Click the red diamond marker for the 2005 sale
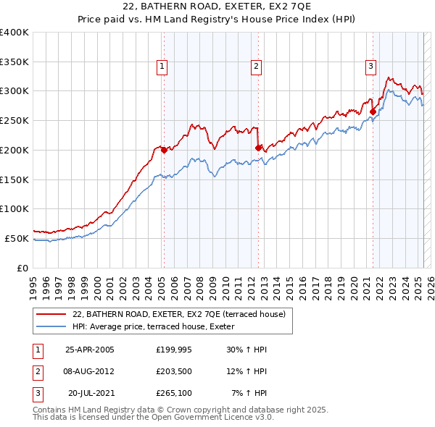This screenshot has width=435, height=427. [x=164, y=150]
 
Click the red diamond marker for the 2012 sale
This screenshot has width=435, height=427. [x=257, y=148]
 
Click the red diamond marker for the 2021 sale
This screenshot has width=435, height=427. [x=373, y=111]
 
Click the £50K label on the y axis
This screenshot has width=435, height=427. [x=17, y=238]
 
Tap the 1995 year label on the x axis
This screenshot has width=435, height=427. [x=33, y=283]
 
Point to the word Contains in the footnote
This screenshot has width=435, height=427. [x=50, y=410]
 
